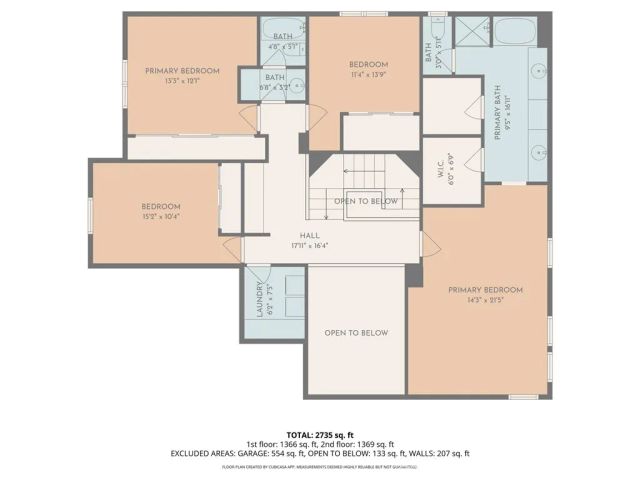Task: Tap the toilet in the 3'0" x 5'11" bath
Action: (x=435, y=30)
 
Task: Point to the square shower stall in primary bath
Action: (x=469, y=30)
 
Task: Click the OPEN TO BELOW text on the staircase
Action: (x=365, y=201)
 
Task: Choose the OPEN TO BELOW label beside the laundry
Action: (x=355, y=333)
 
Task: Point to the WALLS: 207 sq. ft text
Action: (x=437, y=454)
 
